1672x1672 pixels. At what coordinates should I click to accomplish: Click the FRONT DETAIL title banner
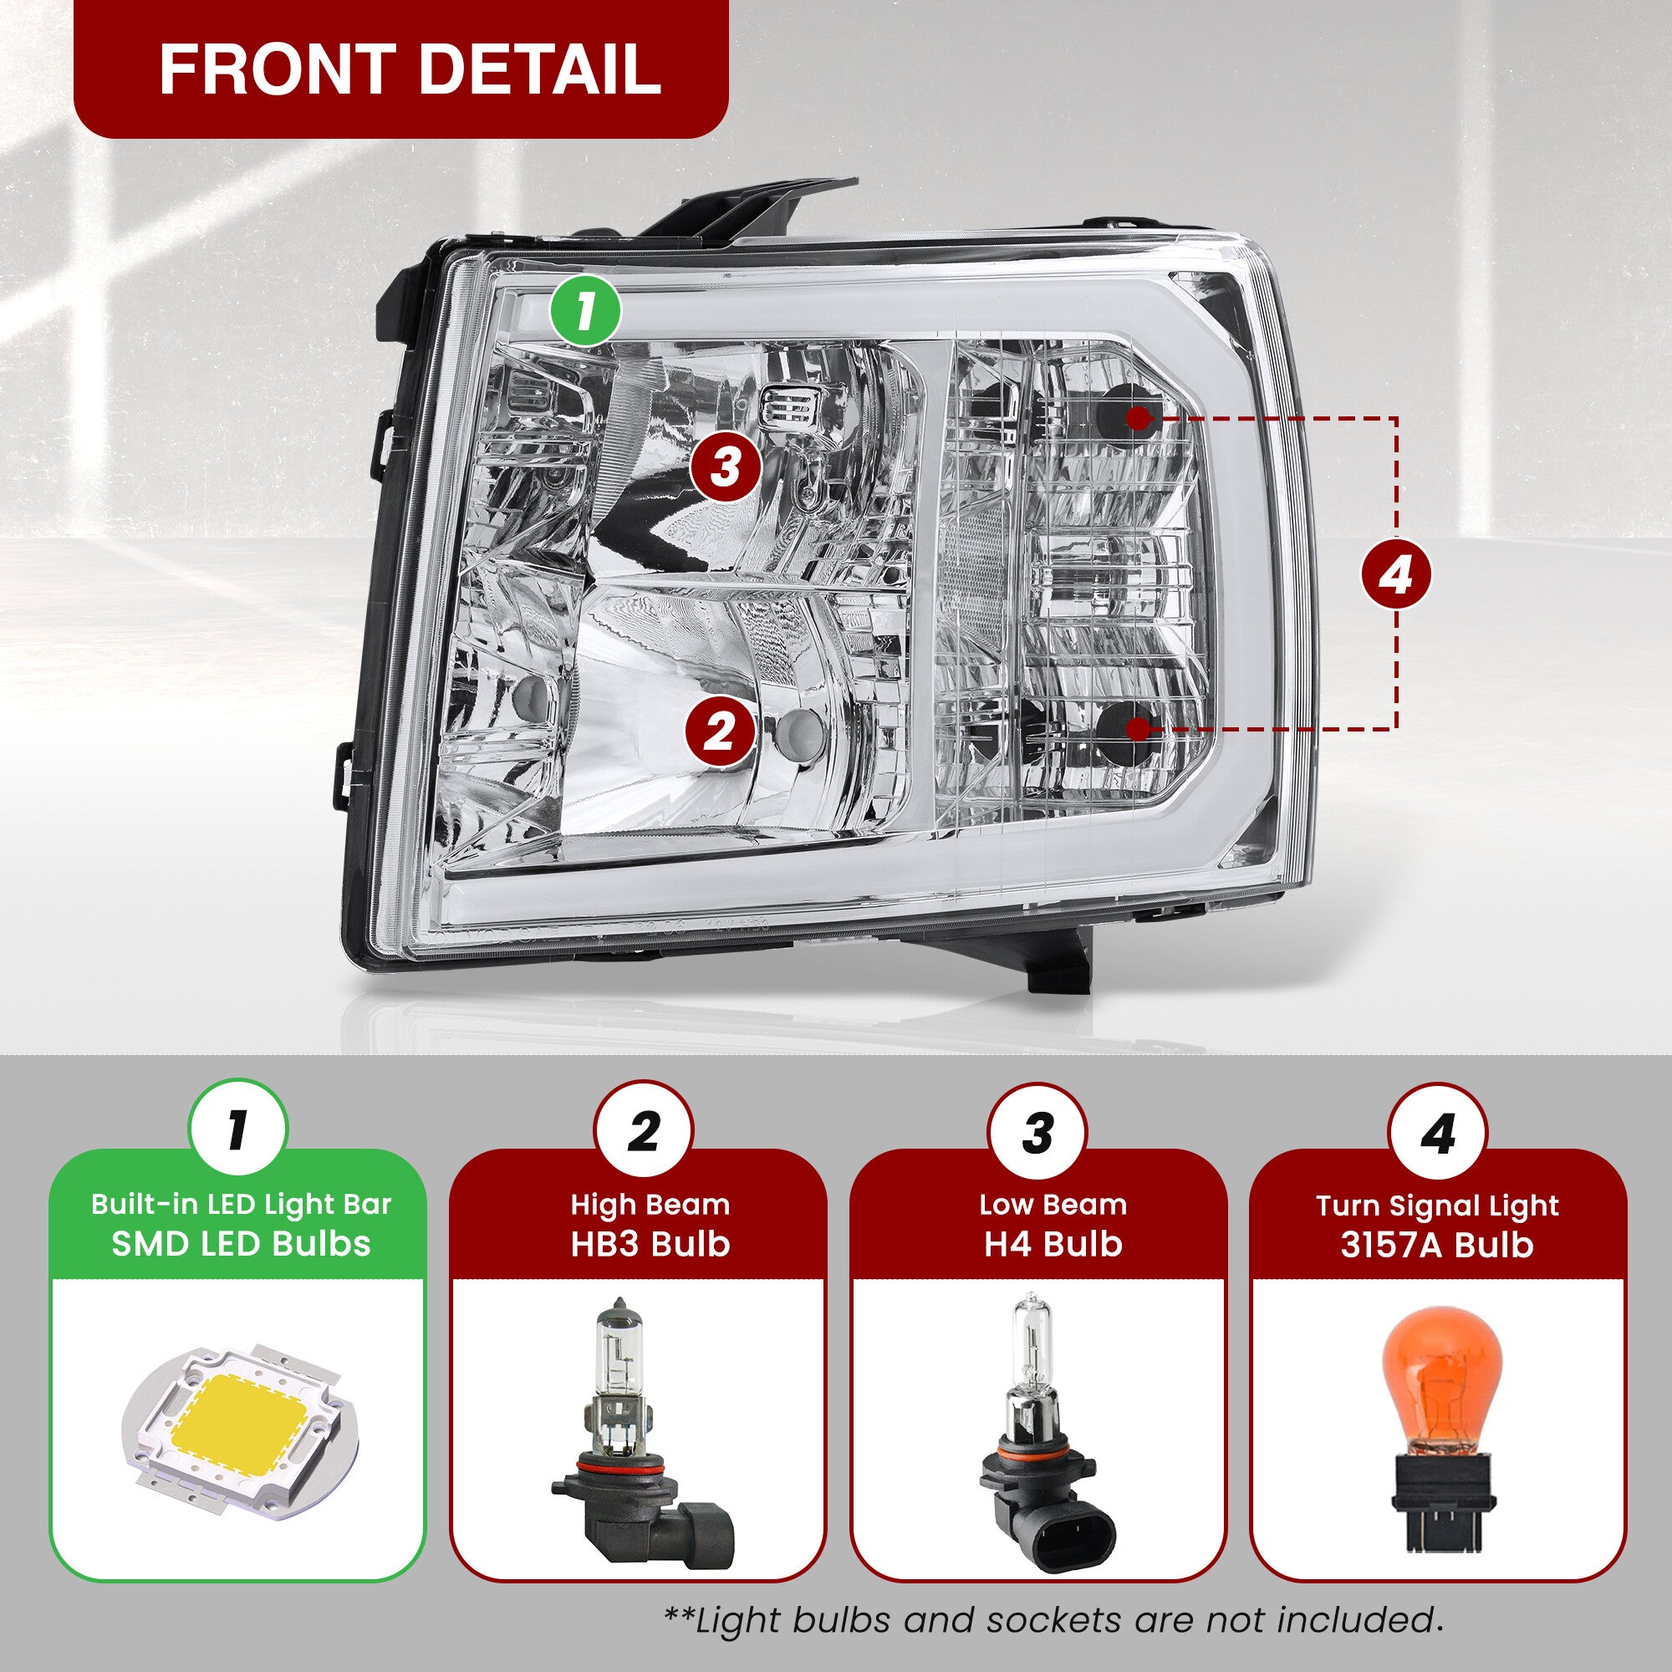(x=400, y=69)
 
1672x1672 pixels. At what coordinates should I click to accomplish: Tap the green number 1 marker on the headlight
(x=587, y=311)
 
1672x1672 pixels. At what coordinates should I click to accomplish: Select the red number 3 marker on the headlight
(x=725, y=467)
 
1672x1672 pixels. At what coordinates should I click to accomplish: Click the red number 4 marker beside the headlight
(x=1396, y=574)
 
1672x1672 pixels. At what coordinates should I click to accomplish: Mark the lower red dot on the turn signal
(x=1139, y=729)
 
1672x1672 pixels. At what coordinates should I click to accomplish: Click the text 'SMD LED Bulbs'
(x=241, y=1244)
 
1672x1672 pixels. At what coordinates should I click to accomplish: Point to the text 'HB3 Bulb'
(x=650, y=1244)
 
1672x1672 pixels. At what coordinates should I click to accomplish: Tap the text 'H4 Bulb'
(x=1053, y=1244)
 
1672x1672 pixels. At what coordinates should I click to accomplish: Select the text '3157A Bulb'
(x=1437, y=1245)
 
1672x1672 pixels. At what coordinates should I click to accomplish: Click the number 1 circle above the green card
(x=237, y=1129)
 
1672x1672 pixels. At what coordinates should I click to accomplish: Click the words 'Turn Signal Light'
(x=1437, y=1206)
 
